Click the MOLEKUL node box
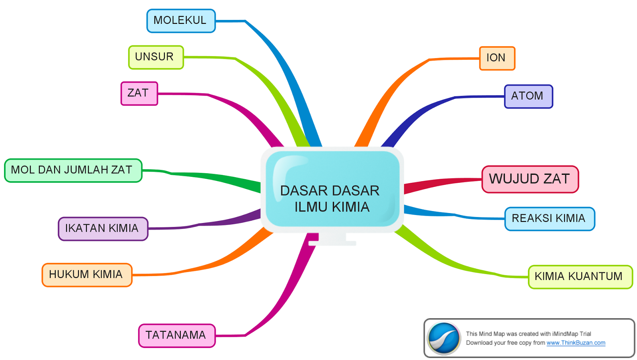point(181,21)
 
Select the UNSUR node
point(156,57)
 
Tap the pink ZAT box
point(139,94)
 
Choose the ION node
point(497,59)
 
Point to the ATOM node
point(528,96)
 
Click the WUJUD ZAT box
point(530,179)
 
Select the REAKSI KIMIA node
point(549,219)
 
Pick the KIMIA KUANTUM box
point(580,277)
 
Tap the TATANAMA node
point(177,336)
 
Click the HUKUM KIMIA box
point(87,275)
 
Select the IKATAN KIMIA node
point(103,229)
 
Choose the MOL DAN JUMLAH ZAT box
point(73,170)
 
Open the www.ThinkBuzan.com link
point(576,343)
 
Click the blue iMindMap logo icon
point(444,338)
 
